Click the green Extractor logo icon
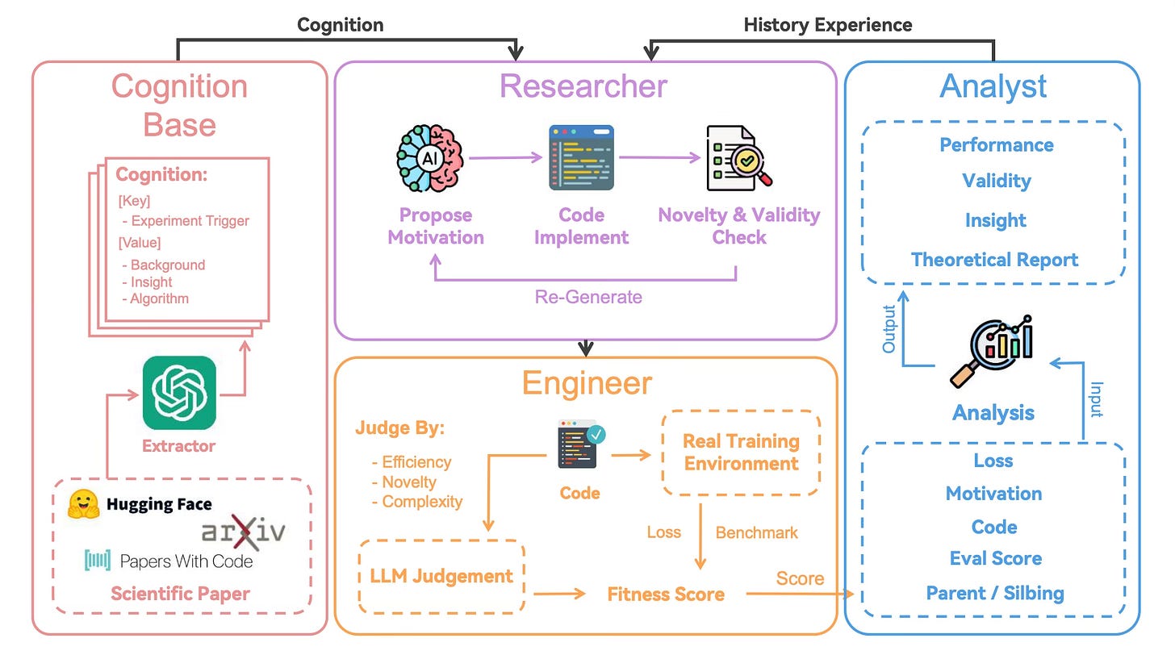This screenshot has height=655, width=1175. (179, 393)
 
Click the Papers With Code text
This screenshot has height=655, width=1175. (186, 561)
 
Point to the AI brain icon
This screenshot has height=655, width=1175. (428, 158)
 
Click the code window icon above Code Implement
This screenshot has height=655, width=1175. (581, 157)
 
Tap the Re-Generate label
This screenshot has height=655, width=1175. (588, 297)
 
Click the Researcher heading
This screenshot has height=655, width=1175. (583, 86)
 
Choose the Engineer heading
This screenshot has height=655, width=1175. (587, 383)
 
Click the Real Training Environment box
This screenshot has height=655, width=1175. (740, 453)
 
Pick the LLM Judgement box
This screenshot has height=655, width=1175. (441, 576)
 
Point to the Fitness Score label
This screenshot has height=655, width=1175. (666, 595)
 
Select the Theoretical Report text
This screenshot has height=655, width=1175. (994, 260)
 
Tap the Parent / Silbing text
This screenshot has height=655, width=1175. (994, 594)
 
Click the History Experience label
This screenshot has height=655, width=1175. (827, 25)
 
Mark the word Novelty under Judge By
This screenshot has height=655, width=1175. (409, 482)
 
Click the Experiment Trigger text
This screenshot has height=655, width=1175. (190, 221)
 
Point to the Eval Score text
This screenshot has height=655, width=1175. (995, 558)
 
